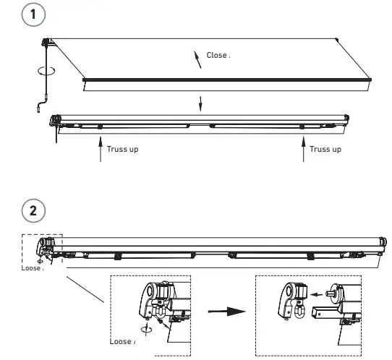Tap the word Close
tap(216, 54)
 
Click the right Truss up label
tap(326, 150)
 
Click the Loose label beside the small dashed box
tap(33, 266)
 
